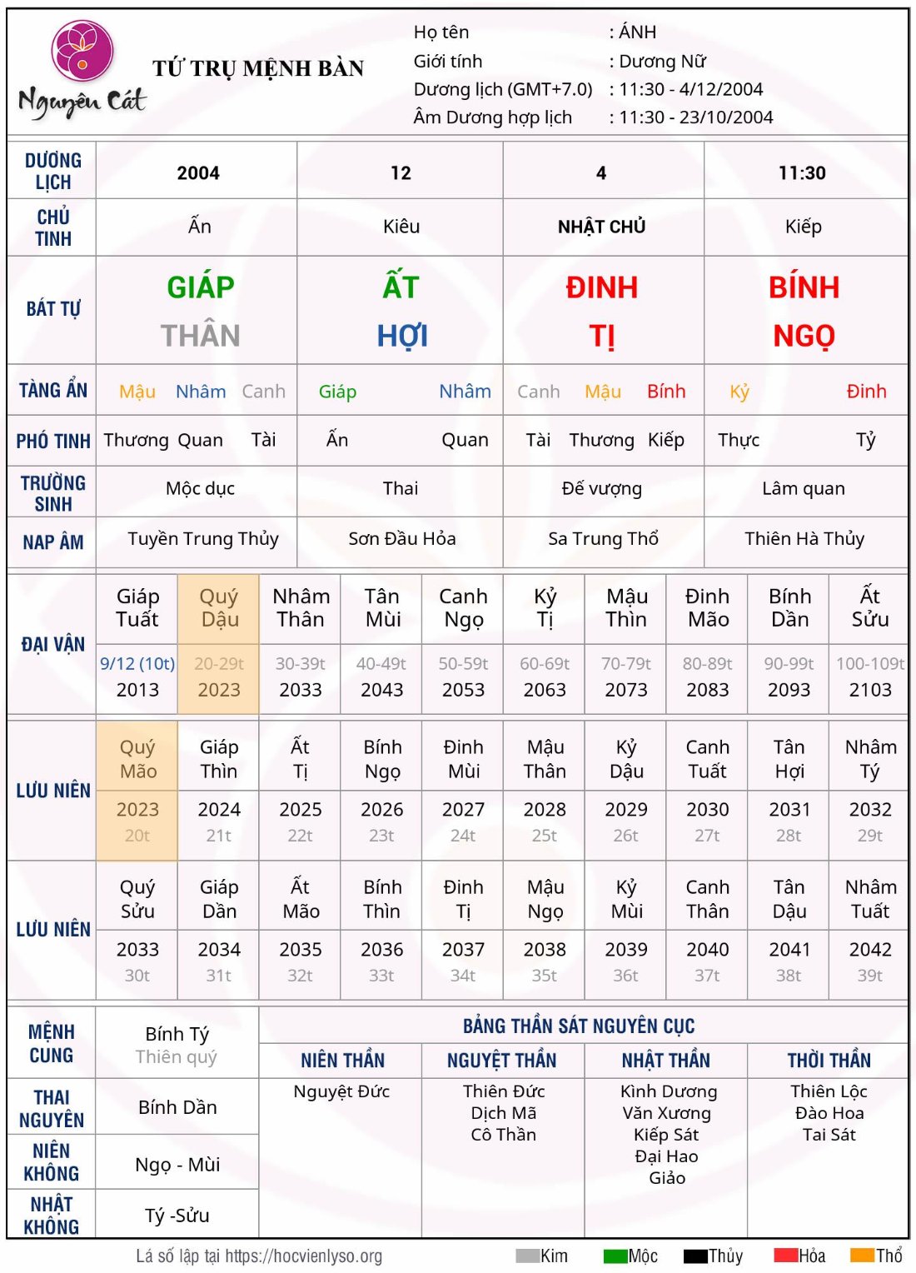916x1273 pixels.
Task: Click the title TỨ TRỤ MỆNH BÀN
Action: [258, 68]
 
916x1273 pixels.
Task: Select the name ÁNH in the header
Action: [638, 32]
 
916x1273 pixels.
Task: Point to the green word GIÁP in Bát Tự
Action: [201, 287]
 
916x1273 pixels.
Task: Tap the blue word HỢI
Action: [402, 336]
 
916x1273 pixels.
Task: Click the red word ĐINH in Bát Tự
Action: [601, 287]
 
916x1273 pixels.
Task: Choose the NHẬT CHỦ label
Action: [601, 227]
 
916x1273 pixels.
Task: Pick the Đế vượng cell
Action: [601, 488]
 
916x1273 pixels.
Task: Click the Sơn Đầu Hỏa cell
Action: [401, 539]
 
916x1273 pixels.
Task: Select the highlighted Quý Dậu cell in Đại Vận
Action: [219, 608]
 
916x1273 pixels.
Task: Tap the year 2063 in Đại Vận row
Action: [545, 690]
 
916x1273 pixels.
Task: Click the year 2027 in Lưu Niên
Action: [463, 810]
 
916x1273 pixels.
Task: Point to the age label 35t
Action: [545, 976]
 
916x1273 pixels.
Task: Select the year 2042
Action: [870, 950]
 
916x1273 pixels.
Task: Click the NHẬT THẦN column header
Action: [665, 1061]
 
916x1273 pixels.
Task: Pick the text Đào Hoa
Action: [829, 1113]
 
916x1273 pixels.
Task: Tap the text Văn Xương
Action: [666, 1113]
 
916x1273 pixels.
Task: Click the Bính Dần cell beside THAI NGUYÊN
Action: [177, 1107]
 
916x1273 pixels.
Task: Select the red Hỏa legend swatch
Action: [785, 1256]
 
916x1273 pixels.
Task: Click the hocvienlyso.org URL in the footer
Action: [303, 1256]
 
